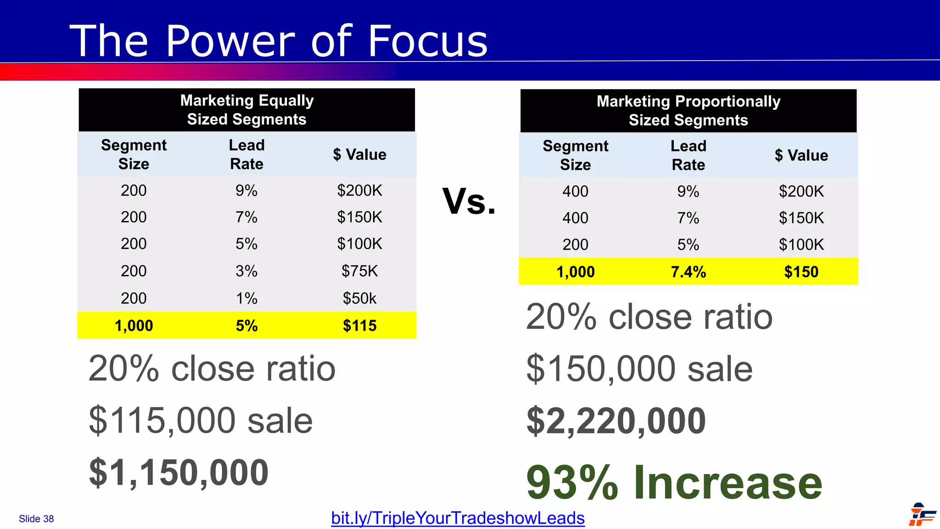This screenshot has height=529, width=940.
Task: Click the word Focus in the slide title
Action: [x=427, y=41]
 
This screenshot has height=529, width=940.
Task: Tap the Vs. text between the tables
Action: [x=469, y=201]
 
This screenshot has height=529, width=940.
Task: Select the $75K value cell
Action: [x=359, y=271]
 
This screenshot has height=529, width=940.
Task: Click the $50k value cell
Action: [x=359, y=298]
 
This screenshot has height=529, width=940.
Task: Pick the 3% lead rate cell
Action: [x=246, y=271]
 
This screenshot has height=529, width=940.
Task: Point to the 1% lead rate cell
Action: [x=246, y=298]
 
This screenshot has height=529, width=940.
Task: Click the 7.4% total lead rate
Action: [x=688, y=272]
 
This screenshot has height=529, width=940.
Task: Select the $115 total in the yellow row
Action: [x=359, y=326]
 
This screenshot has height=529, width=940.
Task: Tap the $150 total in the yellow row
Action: [x=801, y=272]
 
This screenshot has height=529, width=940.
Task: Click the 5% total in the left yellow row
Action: [x=246, y=326]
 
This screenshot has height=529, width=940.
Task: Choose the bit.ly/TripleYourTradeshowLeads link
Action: [x=458, y=518]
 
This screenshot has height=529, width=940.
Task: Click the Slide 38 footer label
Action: [x=36, y=519]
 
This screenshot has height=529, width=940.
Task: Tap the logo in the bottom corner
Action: [x=922, y=514]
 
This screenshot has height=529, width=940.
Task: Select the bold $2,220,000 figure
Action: [x=616, y=421]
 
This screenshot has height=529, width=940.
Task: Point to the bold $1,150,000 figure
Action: [x=179, y=473]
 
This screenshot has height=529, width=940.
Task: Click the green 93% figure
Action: [x=572, y=483]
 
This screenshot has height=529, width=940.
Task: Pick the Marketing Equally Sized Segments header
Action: [x=246, y=110]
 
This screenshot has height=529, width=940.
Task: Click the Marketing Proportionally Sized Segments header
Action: [x=688, y=111]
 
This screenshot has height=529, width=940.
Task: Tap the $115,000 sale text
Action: [x=201, y=420]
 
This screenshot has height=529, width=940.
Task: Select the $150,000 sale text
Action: [x=639, y=369]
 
